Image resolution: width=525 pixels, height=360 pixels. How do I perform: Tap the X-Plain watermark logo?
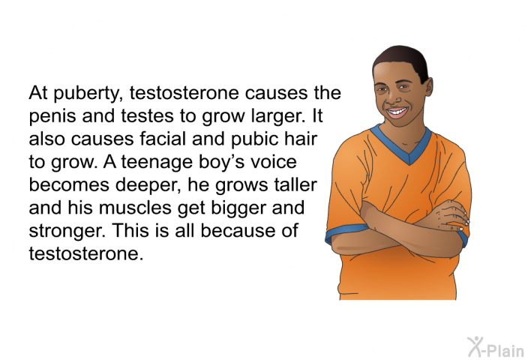point(496,347)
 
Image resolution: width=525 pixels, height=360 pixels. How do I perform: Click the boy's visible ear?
point(430,86)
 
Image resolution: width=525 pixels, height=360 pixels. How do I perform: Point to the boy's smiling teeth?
point(397,111)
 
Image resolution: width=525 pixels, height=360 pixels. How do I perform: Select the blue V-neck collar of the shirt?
point(401,143)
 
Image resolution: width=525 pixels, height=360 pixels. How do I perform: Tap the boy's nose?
point(392,97)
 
